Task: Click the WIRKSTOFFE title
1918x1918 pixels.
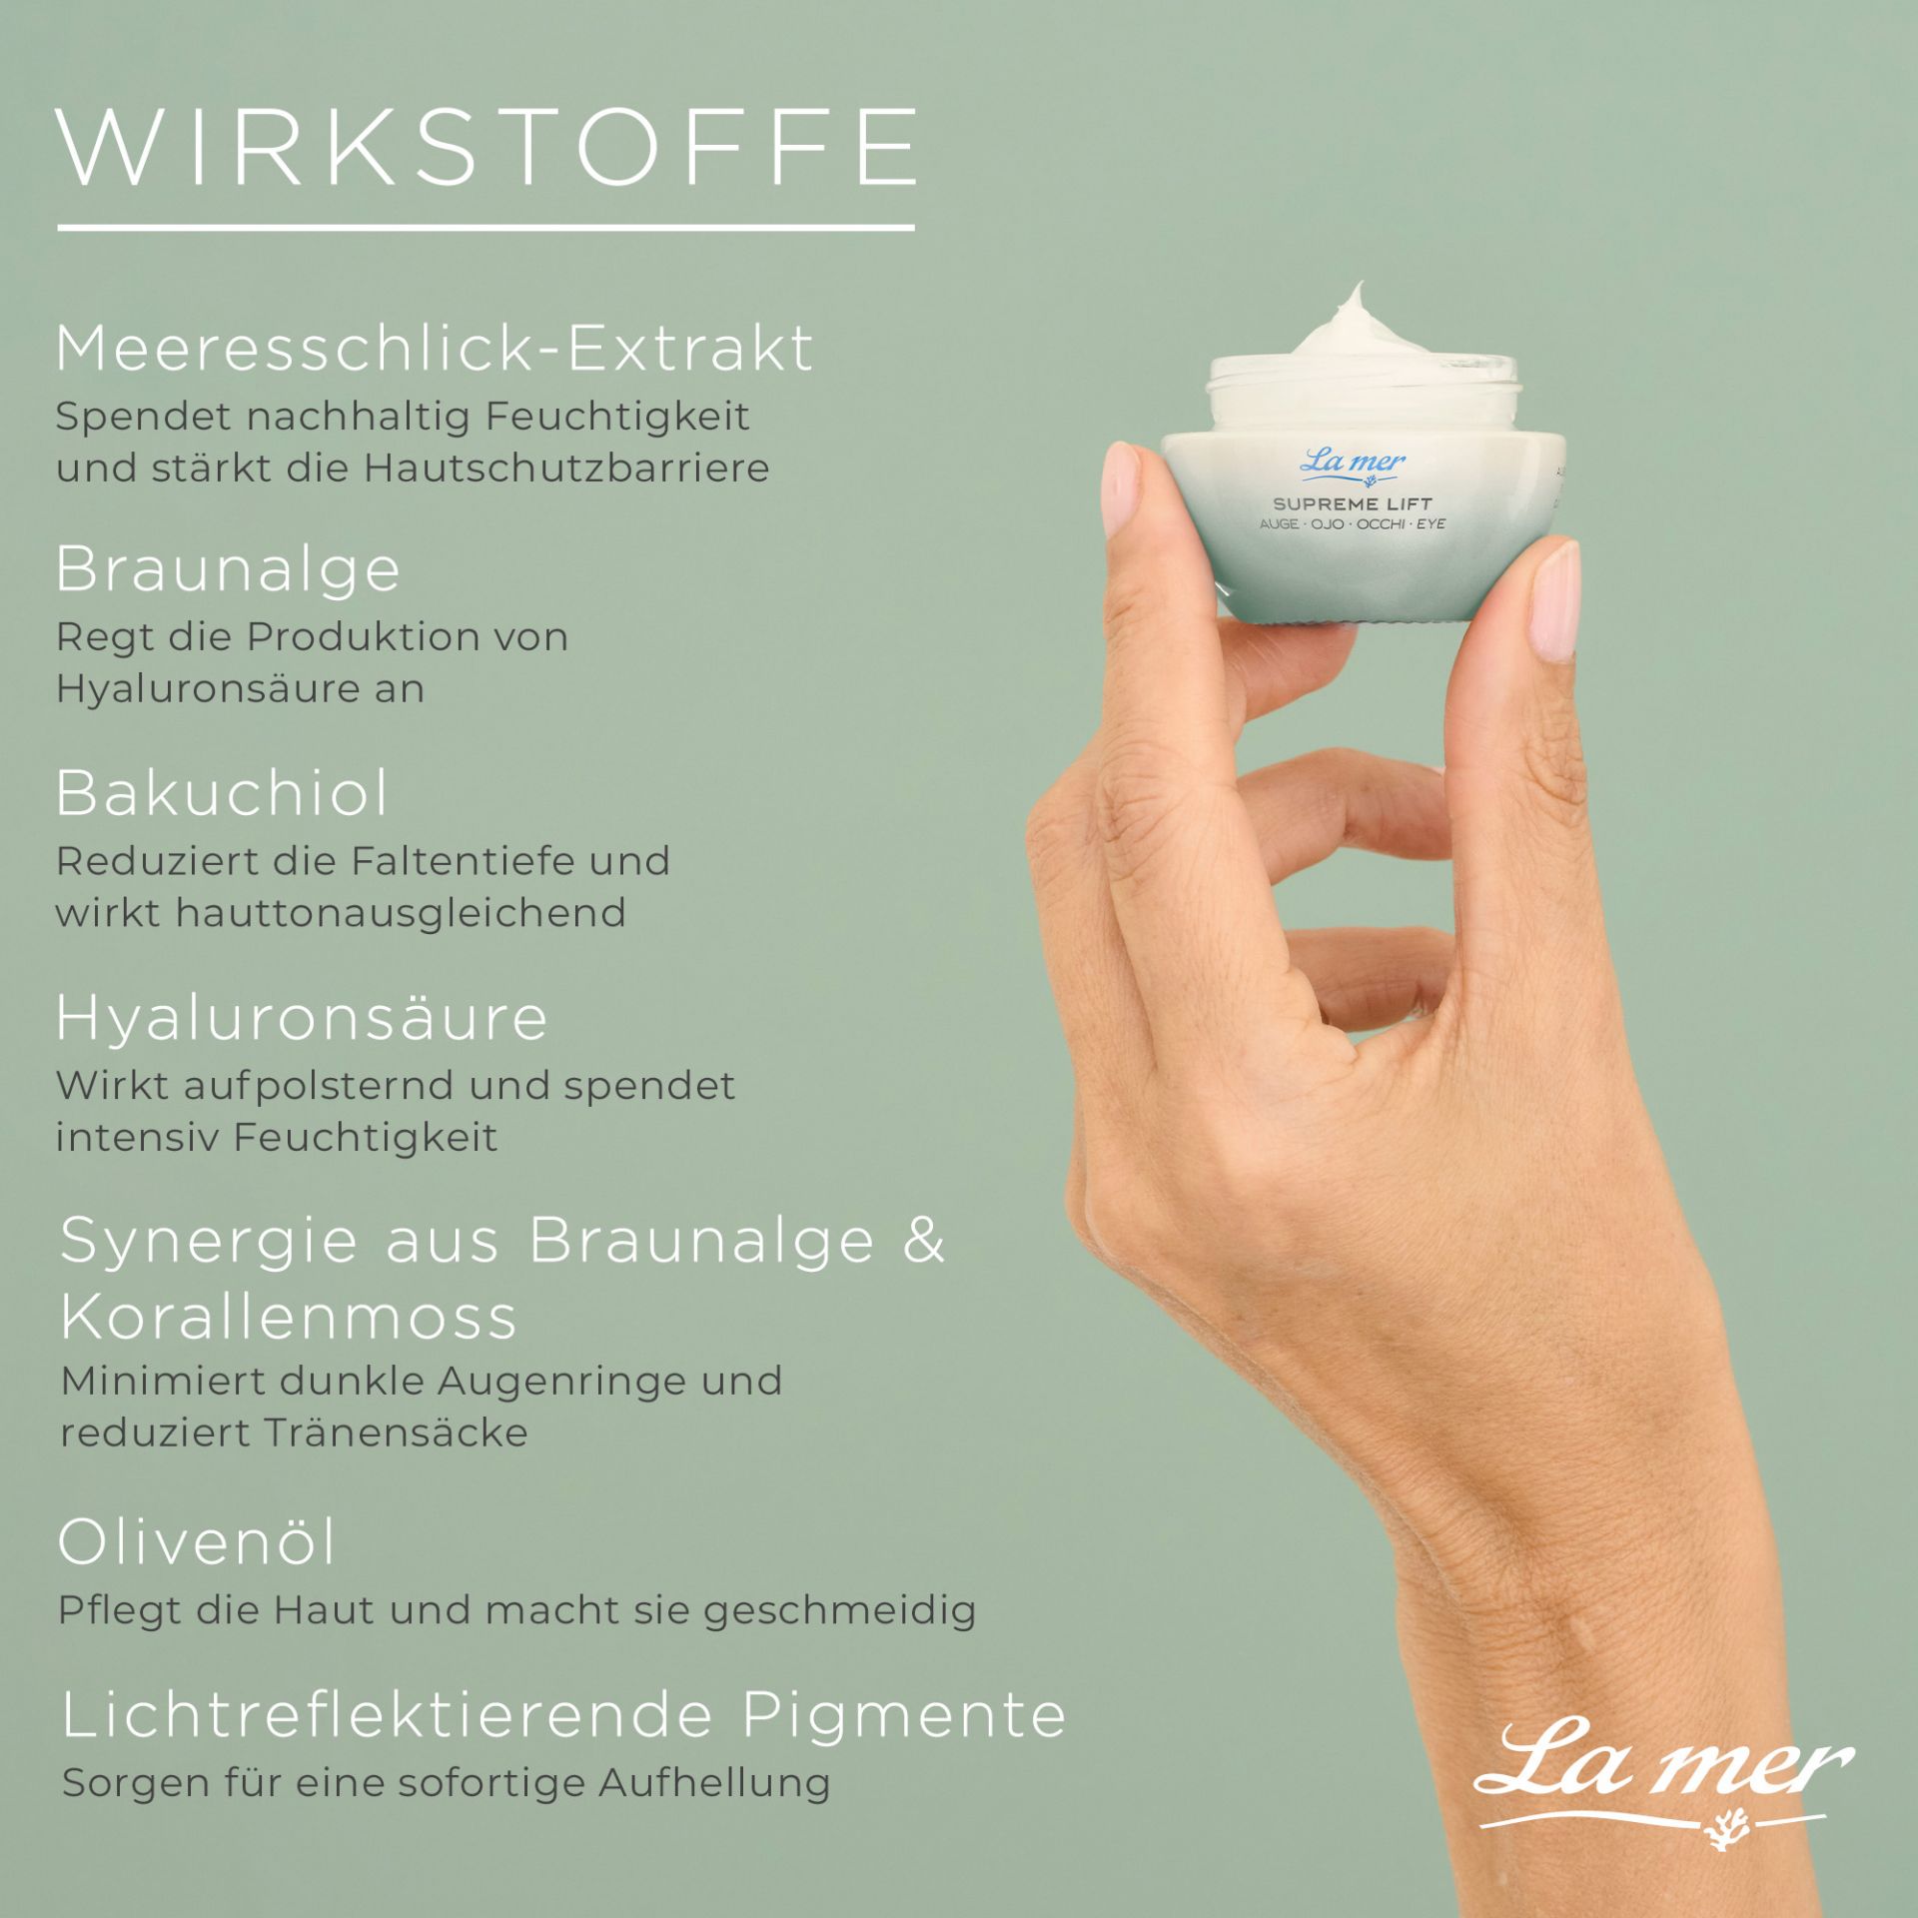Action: (x=486, y=147)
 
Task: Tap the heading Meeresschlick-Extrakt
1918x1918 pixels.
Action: (x=435, y=349)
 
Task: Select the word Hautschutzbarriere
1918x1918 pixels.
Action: (x=566, y=468)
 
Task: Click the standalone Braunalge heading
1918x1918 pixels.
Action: (x=228, y=571)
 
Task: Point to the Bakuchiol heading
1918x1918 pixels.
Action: (x=222, y=793)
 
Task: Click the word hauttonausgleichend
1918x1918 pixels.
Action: (x=401, y=913)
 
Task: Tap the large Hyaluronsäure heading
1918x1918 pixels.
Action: (x=302, y=1018)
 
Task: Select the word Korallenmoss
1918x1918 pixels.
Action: (x=289, y=1317)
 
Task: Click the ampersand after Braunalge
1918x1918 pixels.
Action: (x=923, y=1241)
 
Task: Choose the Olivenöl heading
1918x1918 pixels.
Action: (x=197, y=1541)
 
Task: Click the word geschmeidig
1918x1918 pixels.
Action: (x=839, y=1611)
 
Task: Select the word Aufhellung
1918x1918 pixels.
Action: (x=714, y=1784)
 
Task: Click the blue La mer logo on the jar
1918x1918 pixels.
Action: (x=1354, y=465)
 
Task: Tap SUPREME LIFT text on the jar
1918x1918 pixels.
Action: (x=1353, y=504)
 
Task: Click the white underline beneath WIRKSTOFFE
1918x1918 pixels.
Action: (x=486, y=228)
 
